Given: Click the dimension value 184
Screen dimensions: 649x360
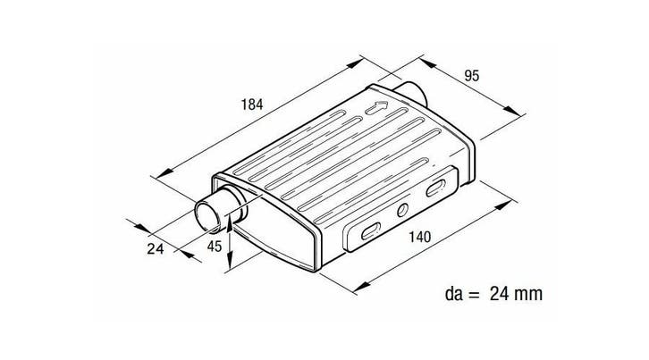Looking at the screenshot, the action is (252, 105).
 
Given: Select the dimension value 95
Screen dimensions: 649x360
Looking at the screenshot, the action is (471, 76).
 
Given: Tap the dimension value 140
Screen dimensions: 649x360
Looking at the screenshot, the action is (420, 237).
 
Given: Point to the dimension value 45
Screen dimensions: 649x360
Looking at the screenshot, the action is (215, 247).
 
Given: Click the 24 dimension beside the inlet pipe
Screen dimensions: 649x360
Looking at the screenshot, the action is (156, 248).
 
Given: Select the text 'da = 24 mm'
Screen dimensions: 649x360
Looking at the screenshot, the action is (493, 294).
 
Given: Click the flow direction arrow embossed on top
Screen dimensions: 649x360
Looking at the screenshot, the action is (376, 107).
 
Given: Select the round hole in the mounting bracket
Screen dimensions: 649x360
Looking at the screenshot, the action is (402, 210).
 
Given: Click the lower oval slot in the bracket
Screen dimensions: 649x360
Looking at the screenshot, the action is (371, 231).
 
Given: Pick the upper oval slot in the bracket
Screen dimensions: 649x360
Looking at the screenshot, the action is (436, 188).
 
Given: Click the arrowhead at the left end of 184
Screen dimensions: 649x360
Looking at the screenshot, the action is (164, 173).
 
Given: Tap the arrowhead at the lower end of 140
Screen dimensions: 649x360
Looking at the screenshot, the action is (362, 286).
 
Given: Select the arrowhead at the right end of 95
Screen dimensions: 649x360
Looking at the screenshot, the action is (512, 111).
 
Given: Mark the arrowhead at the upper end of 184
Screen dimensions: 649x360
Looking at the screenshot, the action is (355, 63).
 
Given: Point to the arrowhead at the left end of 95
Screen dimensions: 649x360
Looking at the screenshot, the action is (428, 63).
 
